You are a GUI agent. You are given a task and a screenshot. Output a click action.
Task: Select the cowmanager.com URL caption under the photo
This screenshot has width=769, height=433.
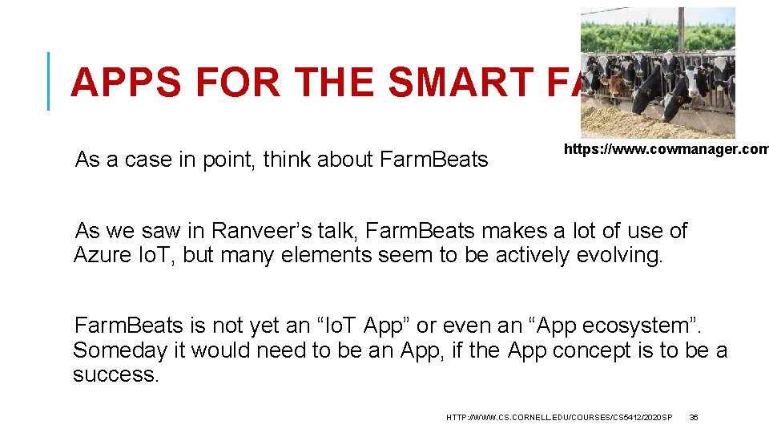pos(666,149)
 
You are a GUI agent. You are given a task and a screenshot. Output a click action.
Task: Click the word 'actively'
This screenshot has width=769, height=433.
pos(538,255)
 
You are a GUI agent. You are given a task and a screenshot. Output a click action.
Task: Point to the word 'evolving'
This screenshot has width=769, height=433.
pos(624,255)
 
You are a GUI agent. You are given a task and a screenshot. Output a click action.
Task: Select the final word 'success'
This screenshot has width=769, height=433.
pos(116,374)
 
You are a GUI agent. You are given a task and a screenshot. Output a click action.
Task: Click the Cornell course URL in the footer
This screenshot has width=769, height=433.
pos(559,417)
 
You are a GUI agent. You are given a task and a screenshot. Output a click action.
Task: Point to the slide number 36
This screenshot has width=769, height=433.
pos(694,417)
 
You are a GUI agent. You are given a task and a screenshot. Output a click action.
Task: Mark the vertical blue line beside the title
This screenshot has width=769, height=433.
pos(49,80)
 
